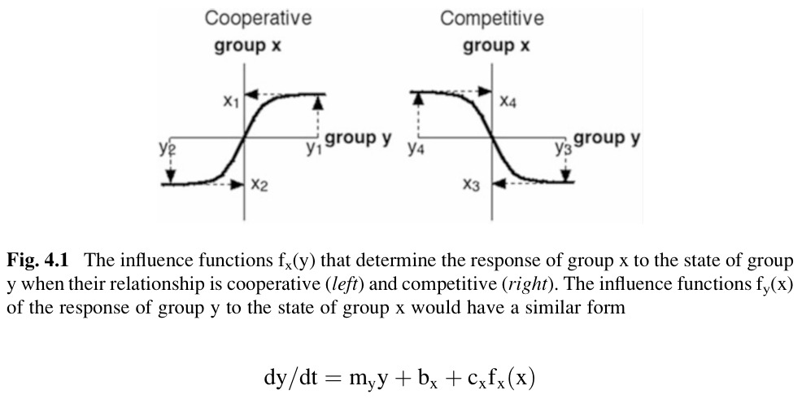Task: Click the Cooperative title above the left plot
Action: [x=258, y=17]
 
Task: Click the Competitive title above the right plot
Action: [x=492, y=17]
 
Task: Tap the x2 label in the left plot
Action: [x=259, y=186]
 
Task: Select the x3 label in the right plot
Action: [x=471, y=186]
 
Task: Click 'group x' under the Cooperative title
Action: [x=247, y=46]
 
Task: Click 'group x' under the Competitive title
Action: [x=496, y=46]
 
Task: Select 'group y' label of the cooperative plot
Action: [x=358, y=138]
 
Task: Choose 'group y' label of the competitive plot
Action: [x=607, y=138]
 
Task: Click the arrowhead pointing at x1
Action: [x=251, y=95]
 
